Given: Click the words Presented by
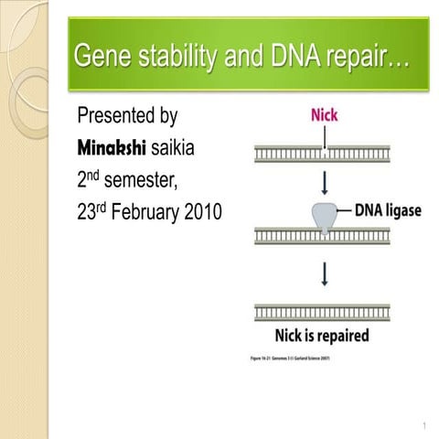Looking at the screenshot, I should tap(127, 116).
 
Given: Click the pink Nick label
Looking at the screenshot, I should tap(324, 116).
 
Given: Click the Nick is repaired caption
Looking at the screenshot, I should tap(322, 335).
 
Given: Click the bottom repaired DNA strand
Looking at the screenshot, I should tap(322, 312).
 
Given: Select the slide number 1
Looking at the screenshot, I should tap(425, 426).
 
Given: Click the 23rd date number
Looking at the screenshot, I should tap(89, 212).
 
